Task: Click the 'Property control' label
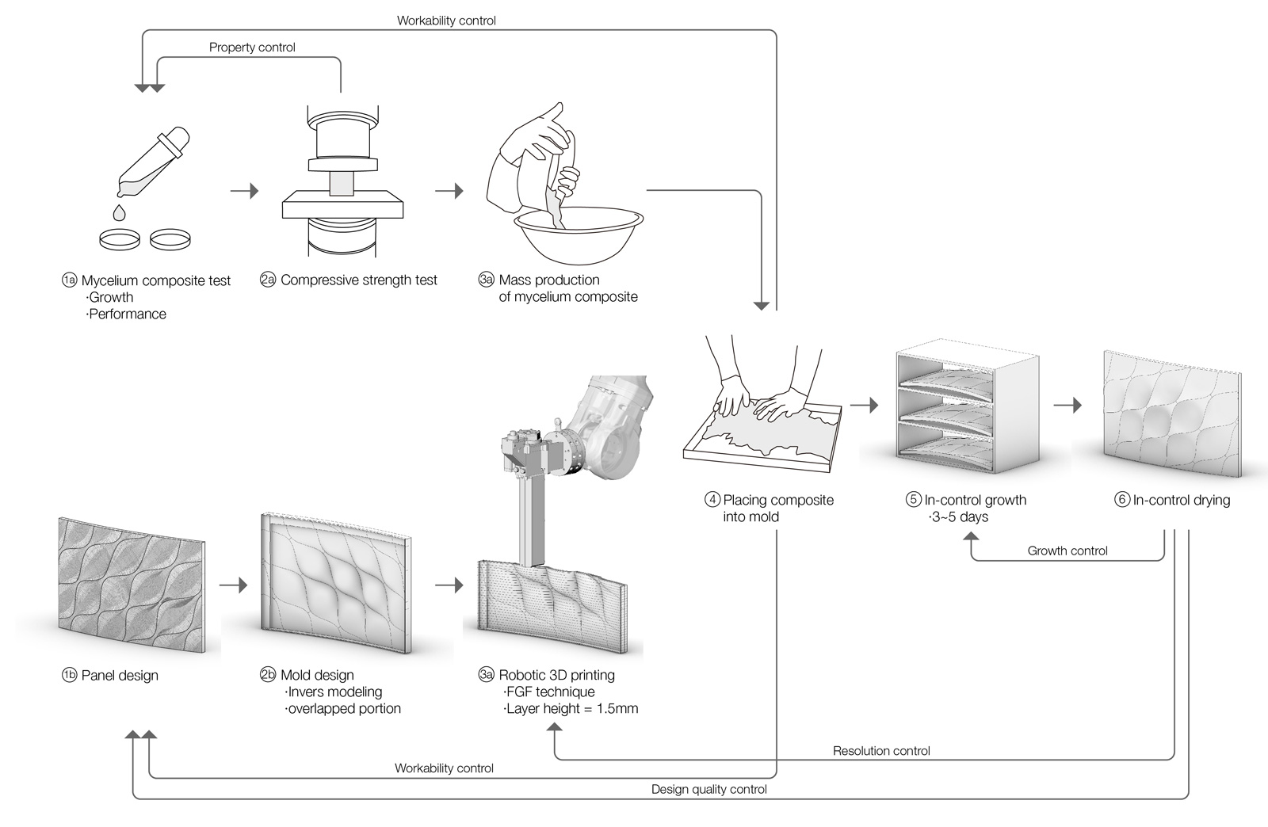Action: coord(252,48)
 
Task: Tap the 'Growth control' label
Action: coord(1067,551)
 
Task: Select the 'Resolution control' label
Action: coord(881,751)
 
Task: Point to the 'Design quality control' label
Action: coord(708,790)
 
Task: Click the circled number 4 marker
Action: coord(712,500)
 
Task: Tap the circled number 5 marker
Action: coord(913,500)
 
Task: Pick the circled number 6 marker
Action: coord(1122,500)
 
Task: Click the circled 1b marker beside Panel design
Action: coord(69,676)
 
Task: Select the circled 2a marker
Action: coord(268,280)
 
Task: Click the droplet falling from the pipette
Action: coord(119,212)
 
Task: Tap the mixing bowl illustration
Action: coord(579,234)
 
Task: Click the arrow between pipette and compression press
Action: coord(245,191)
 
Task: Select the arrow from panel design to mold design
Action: coord(233,585)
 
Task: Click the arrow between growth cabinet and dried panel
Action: coord(1067,405)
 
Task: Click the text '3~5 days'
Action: coord(960,517)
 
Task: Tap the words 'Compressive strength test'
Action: coord(359,280)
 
